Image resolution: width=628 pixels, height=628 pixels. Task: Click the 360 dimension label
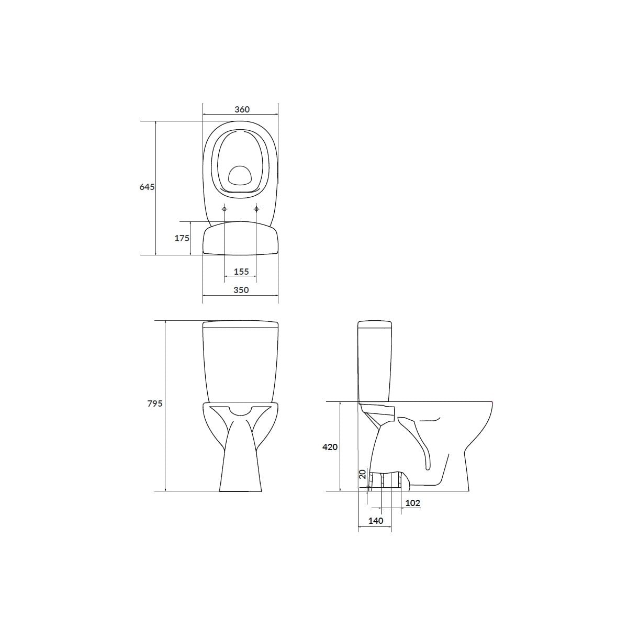[x=242, y=109]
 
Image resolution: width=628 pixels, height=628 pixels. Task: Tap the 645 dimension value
[x=147, y=187]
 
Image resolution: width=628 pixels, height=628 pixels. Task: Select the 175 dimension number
[x=182, y=238]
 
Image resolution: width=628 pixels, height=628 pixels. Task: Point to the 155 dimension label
[x=241, y=272]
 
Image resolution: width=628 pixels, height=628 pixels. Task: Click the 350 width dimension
[x=241, y=290]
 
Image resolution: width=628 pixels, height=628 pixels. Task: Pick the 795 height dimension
[x=155, y=403]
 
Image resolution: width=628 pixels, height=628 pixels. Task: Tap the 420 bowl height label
[x=330, y=447]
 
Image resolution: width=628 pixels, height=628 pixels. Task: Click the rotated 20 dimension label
[x=363, y=474]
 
